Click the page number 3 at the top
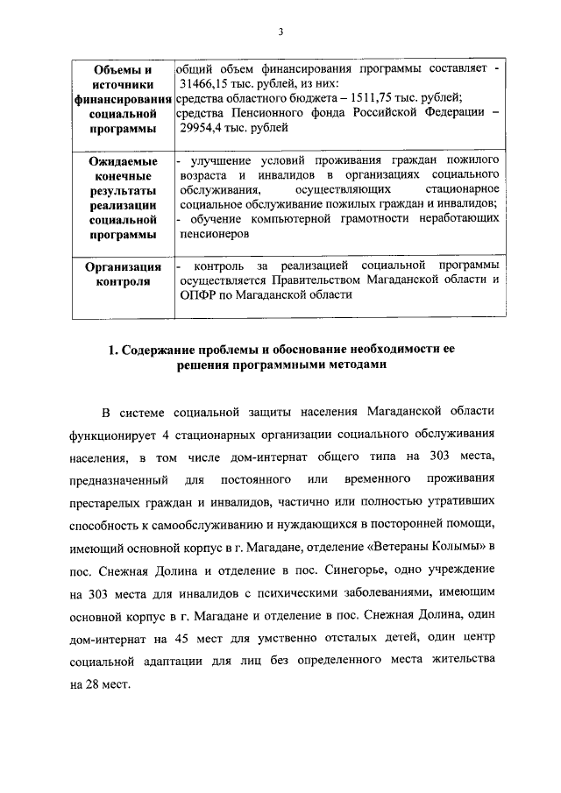tap(280, 32)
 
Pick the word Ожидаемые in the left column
tap(123, 162)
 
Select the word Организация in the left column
tap(123, 266)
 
